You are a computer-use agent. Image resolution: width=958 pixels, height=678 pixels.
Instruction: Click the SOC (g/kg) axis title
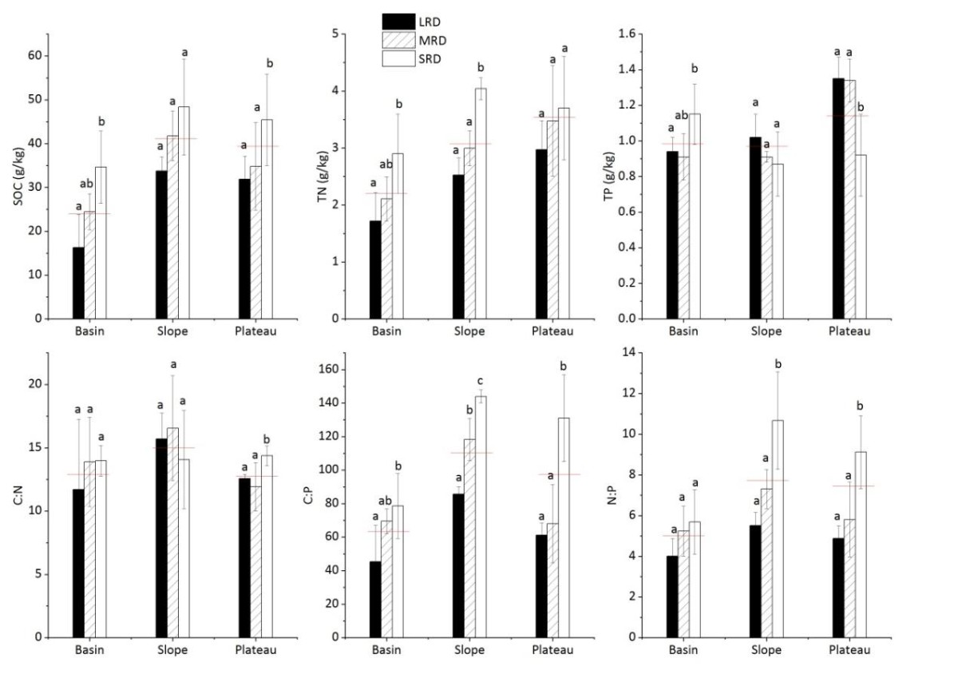point(18,176)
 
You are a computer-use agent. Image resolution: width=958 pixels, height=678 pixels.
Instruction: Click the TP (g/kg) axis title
point(611,176)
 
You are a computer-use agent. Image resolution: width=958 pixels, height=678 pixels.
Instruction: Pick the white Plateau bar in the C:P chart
point(564,527)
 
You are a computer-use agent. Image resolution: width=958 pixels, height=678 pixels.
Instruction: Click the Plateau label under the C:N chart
point(256,650)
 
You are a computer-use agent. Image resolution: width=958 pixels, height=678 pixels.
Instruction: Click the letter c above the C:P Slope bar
point(480,381)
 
